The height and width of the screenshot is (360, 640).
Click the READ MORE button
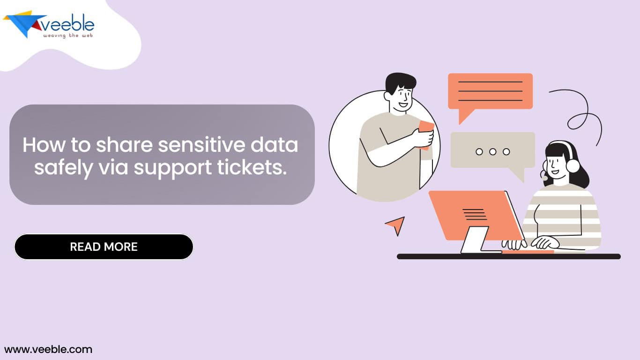coord(104,247)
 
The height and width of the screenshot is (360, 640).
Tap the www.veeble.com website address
coord(48,349)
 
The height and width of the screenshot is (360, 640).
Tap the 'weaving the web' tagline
coord(68,36)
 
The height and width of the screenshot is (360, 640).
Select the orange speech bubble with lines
coord(490,91)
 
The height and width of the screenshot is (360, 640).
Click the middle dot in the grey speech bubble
coord(492,151)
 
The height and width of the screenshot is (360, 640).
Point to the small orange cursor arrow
coord(396,225)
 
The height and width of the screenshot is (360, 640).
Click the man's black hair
coord(400,82)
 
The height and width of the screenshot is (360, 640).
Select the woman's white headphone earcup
coord(573,165)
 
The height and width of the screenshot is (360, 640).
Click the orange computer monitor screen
coord(473,215)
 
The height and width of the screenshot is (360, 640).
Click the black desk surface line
coord(508,256)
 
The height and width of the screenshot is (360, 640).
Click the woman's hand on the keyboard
coord(546,242)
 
